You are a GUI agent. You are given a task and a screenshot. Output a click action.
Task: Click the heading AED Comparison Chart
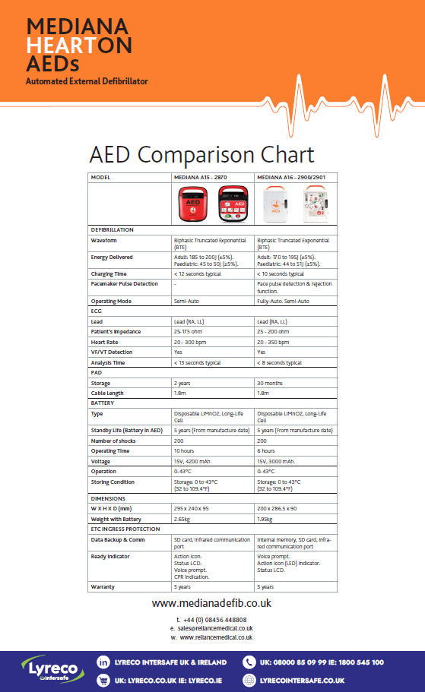click(201, 154)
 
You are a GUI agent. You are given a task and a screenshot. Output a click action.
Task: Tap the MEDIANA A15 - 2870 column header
click(200, 177)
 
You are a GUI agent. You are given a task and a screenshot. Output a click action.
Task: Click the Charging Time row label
click(109, 273)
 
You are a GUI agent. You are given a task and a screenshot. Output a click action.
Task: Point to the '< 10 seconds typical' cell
click(281, 273)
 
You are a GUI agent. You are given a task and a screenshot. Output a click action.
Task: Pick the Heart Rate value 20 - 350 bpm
click(275, 342)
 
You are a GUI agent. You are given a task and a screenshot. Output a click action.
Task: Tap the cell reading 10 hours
click(184, 450)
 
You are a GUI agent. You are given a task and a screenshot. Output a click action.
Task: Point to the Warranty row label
click(103, 586)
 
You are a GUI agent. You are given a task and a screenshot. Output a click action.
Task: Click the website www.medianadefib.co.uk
click(211, 603)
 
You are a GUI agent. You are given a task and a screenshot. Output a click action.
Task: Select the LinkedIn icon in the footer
click(103, 662)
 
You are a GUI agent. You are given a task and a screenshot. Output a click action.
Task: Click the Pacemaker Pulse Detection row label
click(125, 284)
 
